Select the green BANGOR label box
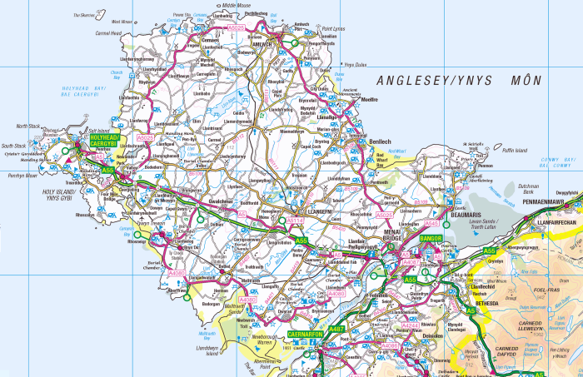[431, 239]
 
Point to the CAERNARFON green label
[310, 334]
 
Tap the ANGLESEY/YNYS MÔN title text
[459, 81]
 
